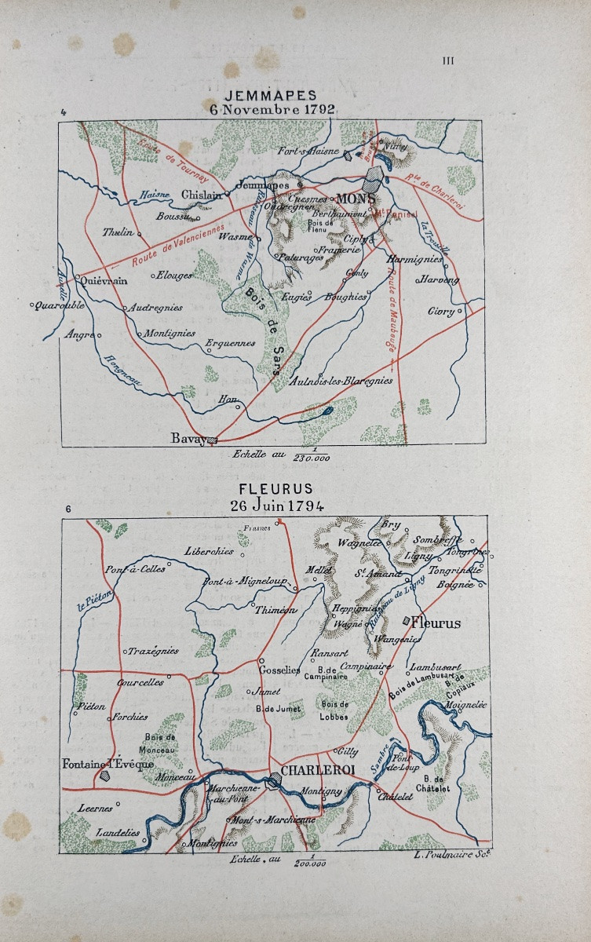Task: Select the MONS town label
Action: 355,199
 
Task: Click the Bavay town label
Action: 189,439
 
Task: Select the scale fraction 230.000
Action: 311,458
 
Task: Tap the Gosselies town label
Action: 280,670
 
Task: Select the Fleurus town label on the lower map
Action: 436,623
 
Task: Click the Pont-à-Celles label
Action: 136,568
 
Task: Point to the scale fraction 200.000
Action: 311,863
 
